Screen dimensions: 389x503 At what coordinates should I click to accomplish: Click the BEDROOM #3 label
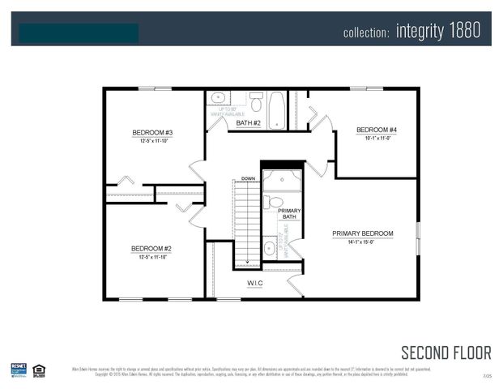point(152,132)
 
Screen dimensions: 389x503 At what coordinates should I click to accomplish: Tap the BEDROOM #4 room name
point(377,130)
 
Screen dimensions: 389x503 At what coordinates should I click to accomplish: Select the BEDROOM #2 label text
point(152,249)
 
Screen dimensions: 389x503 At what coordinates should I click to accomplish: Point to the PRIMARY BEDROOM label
point(362,233)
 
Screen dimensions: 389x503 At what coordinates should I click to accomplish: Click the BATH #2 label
point(248,123)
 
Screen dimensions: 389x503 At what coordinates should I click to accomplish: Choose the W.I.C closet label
point(255,284)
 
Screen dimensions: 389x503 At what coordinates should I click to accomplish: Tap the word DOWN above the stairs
point(248,177)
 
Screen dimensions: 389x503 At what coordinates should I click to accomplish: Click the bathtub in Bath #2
point(276,110)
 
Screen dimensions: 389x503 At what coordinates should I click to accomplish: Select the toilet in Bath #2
point(256,103)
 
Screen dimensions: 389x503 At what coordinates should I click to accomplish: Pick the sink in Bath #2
point(219,98)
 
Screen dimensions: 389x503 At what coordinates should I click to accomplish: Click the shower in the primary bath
point(282,179)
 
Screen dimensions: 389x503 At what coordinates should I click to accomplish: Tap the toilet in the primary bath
point(275,202)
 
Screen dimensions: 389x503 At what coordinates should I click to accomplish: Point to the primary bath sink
point(270,247)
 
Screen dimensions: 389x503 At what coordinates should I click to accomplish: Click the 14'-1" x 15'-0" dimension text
point(362,242)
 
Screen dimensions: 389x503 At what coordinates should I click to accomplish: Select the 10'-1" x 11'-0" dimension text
point(377,138)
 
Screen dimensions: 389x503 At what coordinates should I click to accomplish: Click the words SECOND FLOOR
point(445,353)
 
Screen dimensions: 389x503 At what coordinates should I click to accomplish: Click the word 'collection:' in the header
point(366,33)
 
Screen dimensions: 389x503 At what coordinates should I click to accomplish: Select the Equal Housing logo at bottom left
point(39,370)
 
